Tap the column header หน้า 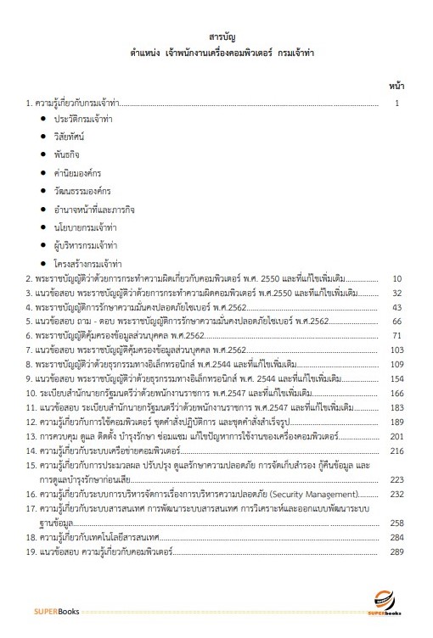pyautogui.click(x=396, y=87)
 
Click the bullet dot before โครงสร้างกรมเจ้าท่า pyautogui.click(x=43, y=264)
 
